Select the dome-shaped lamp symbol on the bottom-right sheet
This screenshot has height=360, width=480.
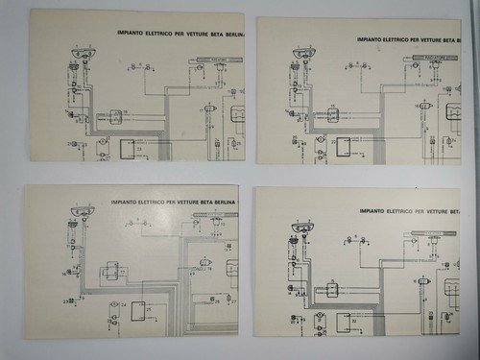pos(302,227)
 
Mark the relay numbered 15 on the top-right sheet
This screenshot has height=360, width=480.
pos(333,114)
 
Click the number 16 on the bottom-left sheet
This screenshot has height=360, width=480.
pos(64,273)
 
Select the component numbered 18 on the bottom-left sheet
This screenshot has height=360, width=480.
pos(203,264)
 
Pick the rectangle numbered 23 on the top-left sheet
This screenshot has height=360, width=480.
pos(126,149)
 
